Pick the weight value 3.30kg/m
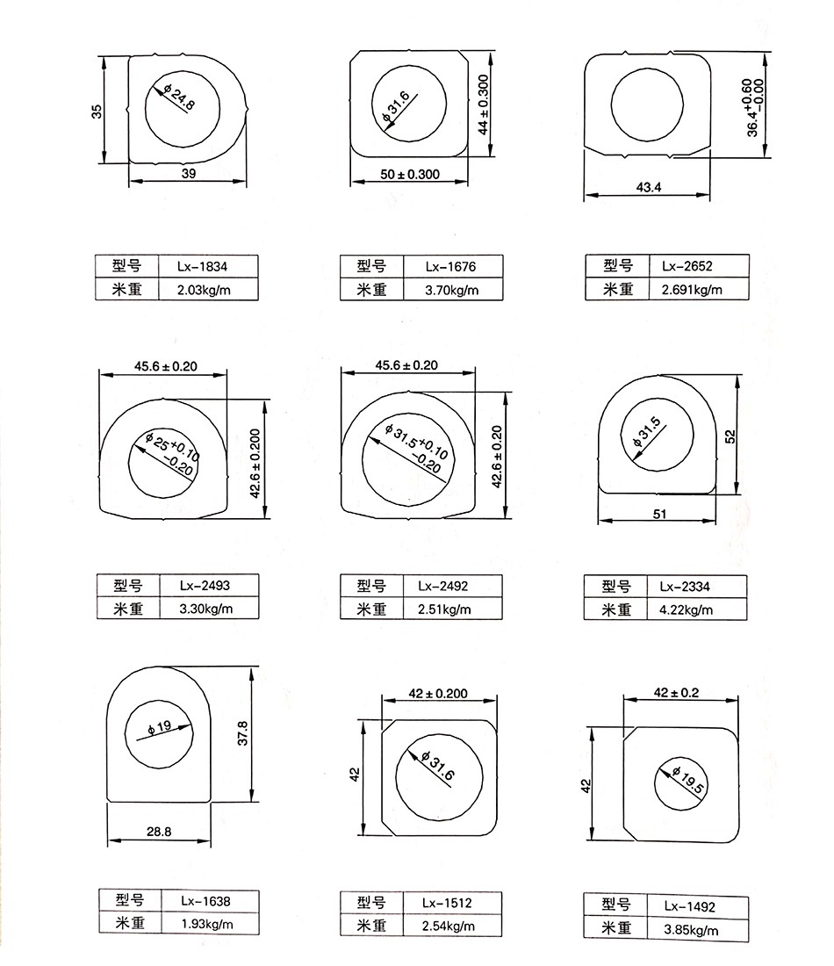(x=207, y=608)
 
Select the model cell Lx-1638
(x=206, y=901)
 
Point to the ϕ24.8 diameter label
(x=179, y=97)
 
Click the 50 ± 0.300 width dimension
(x=409, y=174)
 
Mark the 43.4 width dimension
(x=650, y=186)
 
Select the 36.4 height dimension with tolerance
(x=753, y=108)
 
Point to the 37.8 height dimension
(x=244, y=734)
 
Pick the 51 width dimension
(x=660, y=514)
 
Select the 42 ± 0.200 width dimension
(x=439, y=694)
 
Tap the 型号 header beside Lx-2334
(x=617, y=587)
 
